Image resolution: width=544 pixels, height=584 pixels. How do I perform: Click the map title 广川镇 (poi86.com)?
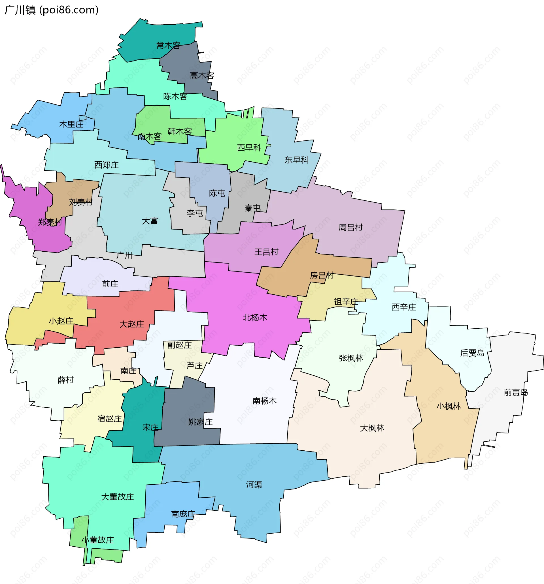(x=52, y=10)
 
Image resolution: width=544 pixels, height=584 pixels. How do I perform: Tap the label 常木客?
(x=168, y=46)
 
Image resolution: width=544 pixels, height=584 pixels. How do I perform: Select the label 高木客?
(x=202, y=76)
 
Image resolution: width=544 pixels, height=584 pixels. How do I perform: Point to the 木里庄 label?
(x=71, y=125)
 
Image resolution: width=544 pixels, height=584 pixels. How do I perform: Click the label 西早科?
(x=249, y=148)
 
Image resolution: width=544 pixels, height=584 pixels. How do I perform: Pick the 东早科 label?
(x=296, y=160)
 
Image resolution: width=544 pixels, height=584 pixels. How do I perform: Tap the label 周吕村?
(x=350, y=228)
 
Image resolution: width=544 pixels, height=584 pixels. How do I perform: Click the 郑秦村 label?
(x=50, y=223)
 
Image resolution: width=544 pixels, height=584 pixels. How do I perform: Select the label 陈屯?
(x=217, y=193)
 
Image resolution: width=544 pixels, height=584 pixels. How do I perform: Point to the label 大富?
(x=150, y=221)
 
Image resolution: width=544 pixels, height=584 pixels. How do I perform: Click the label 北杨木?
(x=255, y=318)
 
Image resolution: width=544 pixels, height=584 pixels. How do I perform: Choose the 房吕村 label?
(x=322, y=275)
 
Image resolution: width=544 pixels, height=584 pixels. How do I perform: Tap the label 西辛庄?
(x=404, y=307)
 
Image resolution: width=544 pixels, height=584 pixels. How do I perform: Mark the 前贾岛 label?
(x=516, y=393)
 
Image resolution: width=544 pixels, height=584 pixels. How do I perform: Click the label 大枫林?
(x=372, y=428)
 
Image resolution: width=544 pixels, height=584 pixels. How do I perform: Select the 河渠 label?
(x=254, y=485)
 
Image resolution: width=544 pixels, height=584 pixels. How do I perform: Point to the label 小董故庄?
(x=98, y=540)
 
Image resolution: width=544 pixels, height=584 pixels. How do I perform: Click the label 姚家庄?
(x=200, y=422)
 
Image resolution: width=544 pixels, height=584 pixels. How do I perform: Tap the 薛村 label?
(x=65, y=380)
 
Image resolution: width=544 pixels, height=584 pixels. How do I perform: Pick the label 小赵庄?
(x=61, y=321)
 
